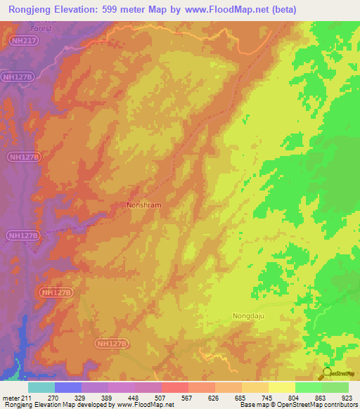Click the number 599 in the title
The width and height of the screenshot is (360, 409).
point(124,10)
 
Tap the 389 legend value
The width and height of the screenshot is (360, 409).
point(105,397)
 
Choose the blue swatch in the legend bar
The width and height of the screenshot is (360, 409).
point(68,387)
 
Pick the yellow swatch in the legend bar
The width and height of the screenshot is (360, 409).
point(282,387)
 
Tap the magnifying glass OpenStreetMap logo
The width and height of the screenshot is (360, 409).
point(325,374)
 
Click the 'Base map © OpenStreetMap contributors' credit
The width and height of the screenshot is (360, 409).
point(297,405)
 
